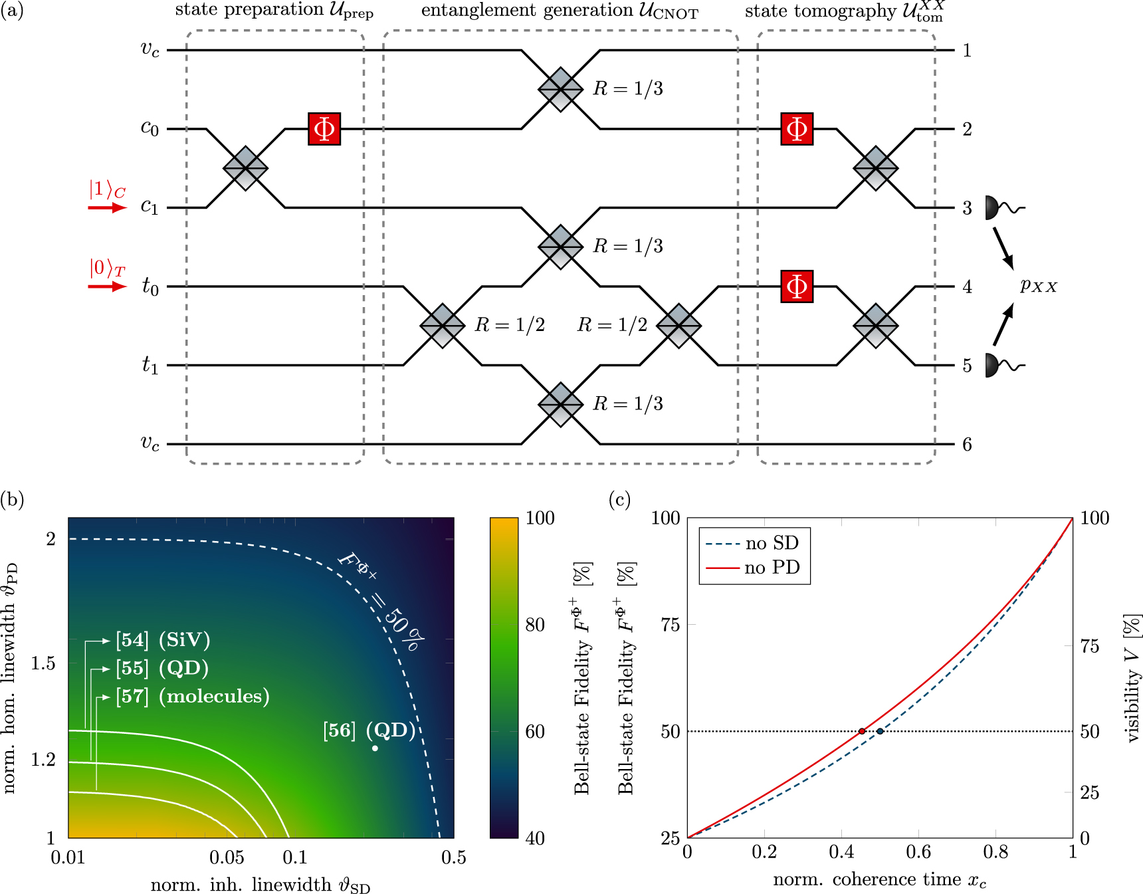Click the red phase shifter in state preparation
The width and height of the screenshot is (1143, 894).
324,129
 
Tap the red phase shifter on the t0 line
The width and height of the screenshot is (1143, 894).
797,286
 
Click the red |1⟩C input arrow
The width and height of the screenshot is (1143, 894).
107,208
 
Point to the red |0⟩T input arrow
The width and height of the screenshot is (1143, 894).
107,286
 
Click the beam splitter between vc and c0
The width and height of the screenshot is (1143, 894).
561,89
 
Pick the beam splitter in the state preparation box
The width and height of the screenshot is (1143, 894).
246,168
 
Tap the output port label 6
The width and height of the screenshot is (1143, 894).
967,445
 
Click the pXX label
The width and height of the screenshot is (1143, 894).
1039,286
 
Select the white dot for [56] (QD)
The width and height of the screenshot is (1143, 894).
375,748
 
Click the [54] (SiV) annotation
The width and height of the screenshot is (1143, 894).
163,640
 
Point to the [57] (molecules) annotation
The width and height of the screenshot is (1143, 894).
192,696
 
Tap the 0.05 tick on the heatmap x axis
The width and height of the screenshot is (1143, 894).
227,857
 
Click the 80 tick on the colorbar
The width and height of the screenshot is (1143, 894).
535,625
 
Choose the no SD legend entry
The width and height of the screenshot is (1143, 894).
755,544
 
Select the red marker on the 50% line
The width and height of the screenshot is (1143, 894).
862,731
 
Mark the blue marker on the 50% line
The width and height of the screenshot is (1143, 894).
880,731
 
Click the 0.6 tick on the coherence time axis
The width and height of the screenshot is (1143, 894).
918,852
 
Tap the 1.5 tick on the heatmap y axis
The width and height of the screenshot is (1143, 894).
44,663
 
